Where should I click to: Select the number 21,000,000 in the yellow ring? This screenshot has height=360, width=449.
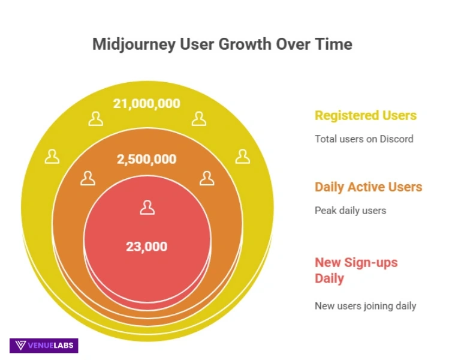click(x=147, y=103)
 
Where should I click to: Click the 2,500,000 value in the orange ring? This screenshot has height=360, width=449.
click(x=147, y=159)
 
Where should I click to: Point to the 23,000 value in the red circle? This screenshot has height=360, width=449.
click(x=147, y=246)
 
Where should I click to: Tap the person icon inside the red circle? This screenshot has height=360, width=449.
click(x=147, y=208)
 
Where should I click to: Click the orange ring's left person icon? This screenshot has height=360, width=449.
click(x=88, y=178)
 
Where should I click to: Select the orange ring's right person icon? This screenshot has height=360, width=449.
click(x=207, y=178)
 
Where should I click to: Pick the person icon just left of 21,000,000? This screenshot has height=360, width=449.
click(x=95, y=118)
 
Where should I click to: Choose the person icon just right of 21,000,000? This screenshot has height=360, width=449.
click(x=199, y=118)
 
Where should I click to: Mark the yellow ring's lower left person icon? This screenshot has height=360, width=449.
click(x=53, y=157)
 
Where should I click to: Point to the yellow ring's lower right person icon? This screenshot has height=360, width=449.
click(x=242, y=157)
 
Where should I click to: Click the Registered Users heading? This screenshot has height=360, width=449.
click(x=366, y=115)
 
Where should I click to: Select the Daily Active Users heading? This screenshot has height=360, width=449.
click(x=369, y=187)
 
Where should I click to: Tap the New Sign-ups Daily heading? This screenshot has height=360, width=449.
click(x=356, y=270)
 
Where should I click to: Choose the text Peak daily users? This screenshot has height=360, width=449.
click(x=350, y=211)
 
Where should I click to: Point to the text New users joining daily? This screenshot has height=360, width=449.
click(x=365, y=305)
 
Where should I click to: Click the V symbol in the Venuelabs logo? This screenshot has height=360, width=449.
click(x=20, y=345)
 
